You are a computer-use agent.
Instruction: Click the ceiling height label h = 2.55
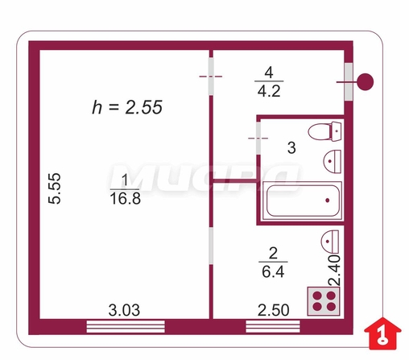(127, 107)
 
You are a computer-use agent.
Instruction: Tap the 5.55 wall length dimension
(55, 188)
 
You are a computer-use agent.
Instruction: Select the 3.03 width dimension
(124, 310)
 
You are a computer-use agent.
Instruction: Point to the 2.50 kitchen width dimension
(274, 310)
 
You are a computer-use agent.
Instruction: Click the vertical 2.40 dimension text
(335, 271)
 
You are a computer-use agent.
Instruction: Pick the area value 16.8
(126, 199)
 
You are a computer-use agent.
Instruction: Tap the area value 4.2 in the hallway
(269, 91)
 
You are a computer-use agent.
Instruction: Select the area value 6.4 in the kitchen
(273, 272)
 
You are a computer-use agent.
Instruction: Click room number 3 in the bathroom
(291, 147)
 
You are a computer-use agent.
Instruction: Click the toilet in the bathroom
(325, 131)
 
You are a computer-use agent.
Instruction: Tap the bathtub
(303, 201)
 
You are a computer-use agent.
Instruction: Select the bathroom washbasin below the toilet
(332, 161)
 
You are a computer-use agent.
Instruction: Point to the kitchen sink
(330, 242)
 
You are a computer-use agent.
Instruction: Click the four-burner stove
(324, 301)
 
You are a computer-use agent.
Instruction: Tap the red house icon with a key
(382, 333)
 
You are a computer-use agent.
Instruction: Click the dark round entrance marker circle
(365, 82)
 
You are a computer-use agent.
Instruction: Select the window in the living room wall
(126, 326)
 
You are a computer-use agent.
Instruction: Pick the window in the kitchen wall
(273, 326)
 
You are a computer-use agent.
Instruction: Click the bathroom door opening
(258, 138)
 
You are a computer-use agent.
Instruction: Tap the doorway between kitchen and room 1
(211, 246)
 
